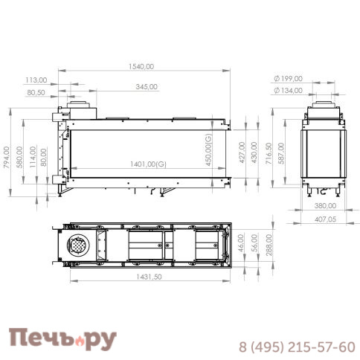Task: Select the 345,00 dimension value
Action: [x=147, y=86]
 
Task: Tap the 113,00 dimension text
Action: [x=36, y=79]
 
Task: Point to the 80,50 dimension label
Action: [x=36, y=93]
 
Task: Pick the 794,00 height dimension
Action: [x=7, y=156]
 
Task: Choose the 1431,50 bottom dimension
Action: [x=150, y=276]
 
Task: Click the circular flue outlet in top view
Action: [x=77, y=245]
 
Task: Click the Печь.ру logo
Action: [x=62, y=340]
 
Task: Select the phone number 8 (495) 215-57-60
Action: [x=296, y=347]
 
